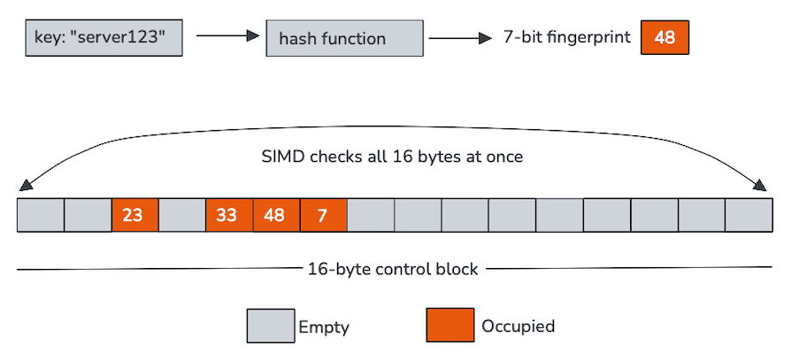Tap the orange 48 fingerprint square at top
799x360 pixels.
click(x=665, y=38)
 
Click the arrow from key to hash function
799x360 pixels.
click(x=226, y=37)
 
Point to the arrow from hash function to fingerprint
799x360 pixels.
click(x=459, y=38)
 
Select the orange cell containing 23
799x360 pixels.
click(x=134, y=215)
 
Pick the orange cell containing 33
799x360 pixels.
click(x=228, y=215)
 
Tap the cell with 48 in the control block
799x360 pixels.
click(x=276, y=215)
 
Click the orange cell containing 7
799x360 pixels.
click(x=323, y=215)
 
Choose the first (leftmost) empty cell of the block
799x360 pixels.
click(x=41, y=215)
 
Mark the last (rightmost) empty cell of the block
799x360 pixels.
click(x=749, y=215)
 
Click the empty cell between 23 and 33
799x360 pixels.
click(x=181, y=215)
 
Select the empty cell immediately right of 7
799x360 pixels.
click(x=371, y=215)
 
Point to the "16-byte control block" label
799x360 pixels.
click(x=392, y=269)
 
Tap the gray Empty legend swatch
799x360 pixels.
click(x=269, y=326)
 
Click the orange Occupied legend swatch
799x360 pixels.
click(x=449, y=326)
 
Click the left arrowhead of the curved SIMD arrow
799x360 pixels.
click(x=24, y=186)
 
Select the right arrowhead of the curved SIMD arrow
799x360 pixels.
click(x=762, y=186)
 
